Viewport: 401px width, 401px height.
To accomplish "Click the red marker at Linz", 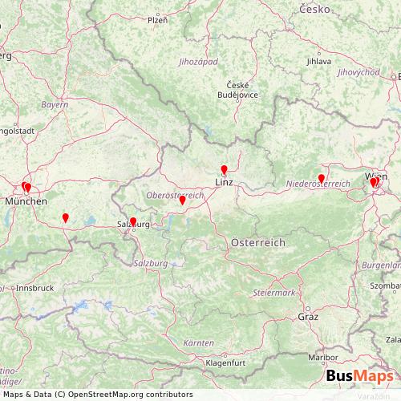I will coord(224,169).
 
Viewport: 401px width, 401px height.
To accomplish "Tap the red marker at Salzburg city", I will coord(133,222).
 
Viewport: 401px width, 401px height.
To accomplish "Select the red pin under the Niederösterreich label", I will coord(321,178).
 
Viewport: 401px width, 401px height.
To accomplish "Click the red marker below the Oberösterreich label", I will coord(183,201).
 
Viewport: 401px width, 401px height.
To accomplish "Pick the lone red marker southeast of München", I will coord(65,217).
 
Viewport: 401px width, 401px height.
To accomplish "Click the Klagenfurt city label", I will coord(225,363).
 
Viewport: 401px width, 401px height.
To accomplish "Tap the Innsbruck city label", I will coord(37,287).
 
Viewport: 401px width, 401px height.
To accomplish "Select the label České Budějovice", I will coord(238,89).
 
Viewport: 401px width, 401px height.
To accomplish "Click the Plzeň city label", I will coord(157,20).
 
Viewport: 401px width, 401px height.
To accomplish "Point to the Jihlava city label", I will coord(318,60).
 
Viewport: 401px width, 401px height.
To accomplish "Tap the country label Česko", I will coord(314,9).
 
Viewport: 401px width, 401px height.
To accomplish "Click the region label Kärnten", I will coord(198,342).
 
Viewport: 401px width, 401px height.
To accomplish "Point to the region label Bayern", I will coord(55,105).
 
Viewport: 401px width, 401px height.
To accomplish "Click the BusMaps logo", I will coord(359,378).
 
